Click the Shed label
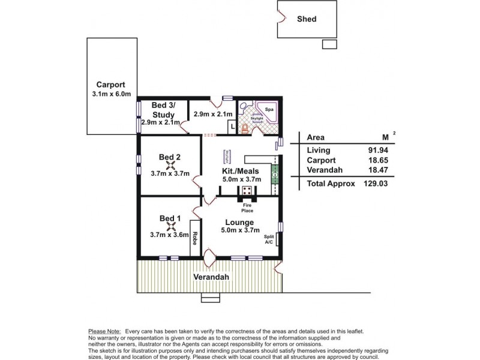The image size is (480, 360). (307, 19)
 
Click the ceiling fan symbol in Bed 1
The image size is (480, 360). (170, 226)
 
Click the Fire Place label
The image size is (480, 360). (247, 208)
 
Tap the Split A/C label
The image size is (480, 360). (269, 239)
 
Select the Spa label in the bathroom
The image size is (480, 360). (269, 110)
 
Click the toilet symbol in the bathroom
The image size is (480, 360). (244, 128)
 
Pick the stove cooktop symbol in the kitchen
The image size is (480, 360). (247, 191)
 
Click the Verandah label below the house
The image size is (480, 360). (211, 278)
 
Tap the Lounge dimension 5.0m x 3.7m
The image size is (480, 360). (239, 230)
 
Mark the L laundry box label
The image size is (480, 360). (232, 126)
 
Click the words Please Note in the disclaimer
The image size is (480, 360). (104, 331)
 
